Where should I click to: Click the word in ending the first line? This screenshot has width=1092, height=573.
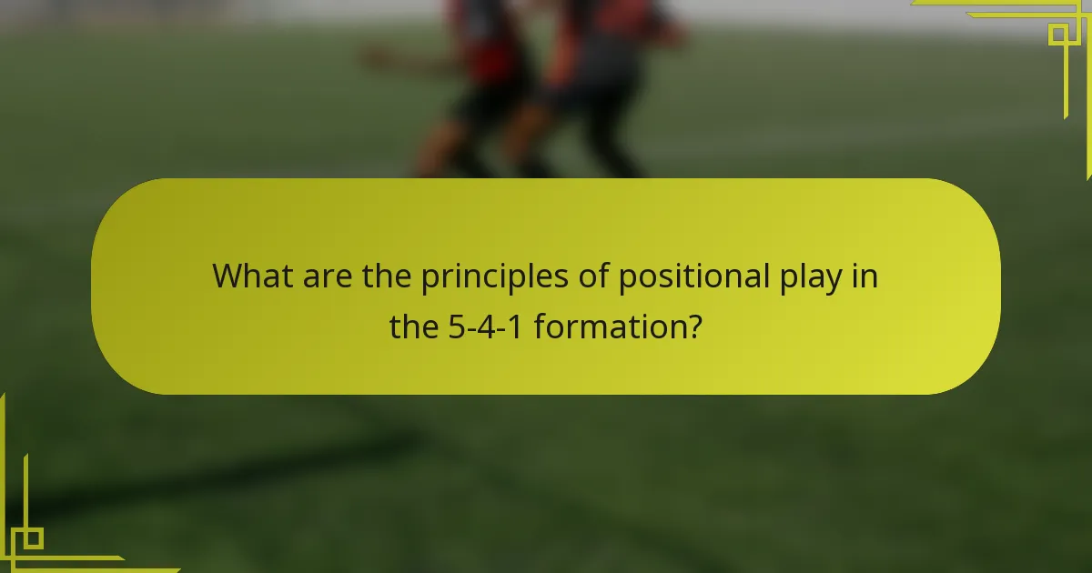pyautogui.click(x=866, y=276)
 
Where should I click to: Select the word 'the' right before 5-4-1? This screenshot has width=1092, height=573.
pyautogui.click(x=415, y=326)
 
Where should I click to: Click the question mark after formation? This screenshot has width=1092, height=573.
pyautogui.click(x=693, y=326)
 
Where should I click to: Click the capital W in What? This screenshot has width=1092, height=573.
pyautogui.click(x=227, y=276)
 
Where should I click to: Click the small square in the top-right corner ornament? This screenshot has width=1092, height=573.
pyautogui.click(x=1058, y=35)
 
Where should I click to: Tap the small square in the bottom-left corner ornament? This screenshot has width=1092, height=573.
pyautogui.click(x=32, y=538)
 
